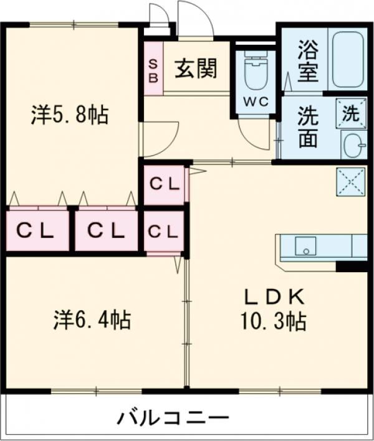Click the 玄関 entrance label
pyautogui.click(x=196, y=69)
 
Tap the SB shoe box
pyautogui.click(x=153, y=69)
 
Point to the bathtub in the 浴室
pyautogui.click(x=347, y=59)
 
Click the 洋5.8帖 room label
pyautogui.click(x=70, y=115)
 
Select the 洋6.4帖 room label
pyautogui.click(x=92, y=320)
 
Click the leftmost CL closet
pyautogui.click(x=37, y=230)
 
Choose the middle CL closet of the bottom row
pyautogui.click(x=107, y=230)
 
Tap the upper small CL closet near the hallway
pyautogui.click(x=165, y=184)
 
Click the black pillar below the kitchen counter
pyautogui.click(x=352, y=266)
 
